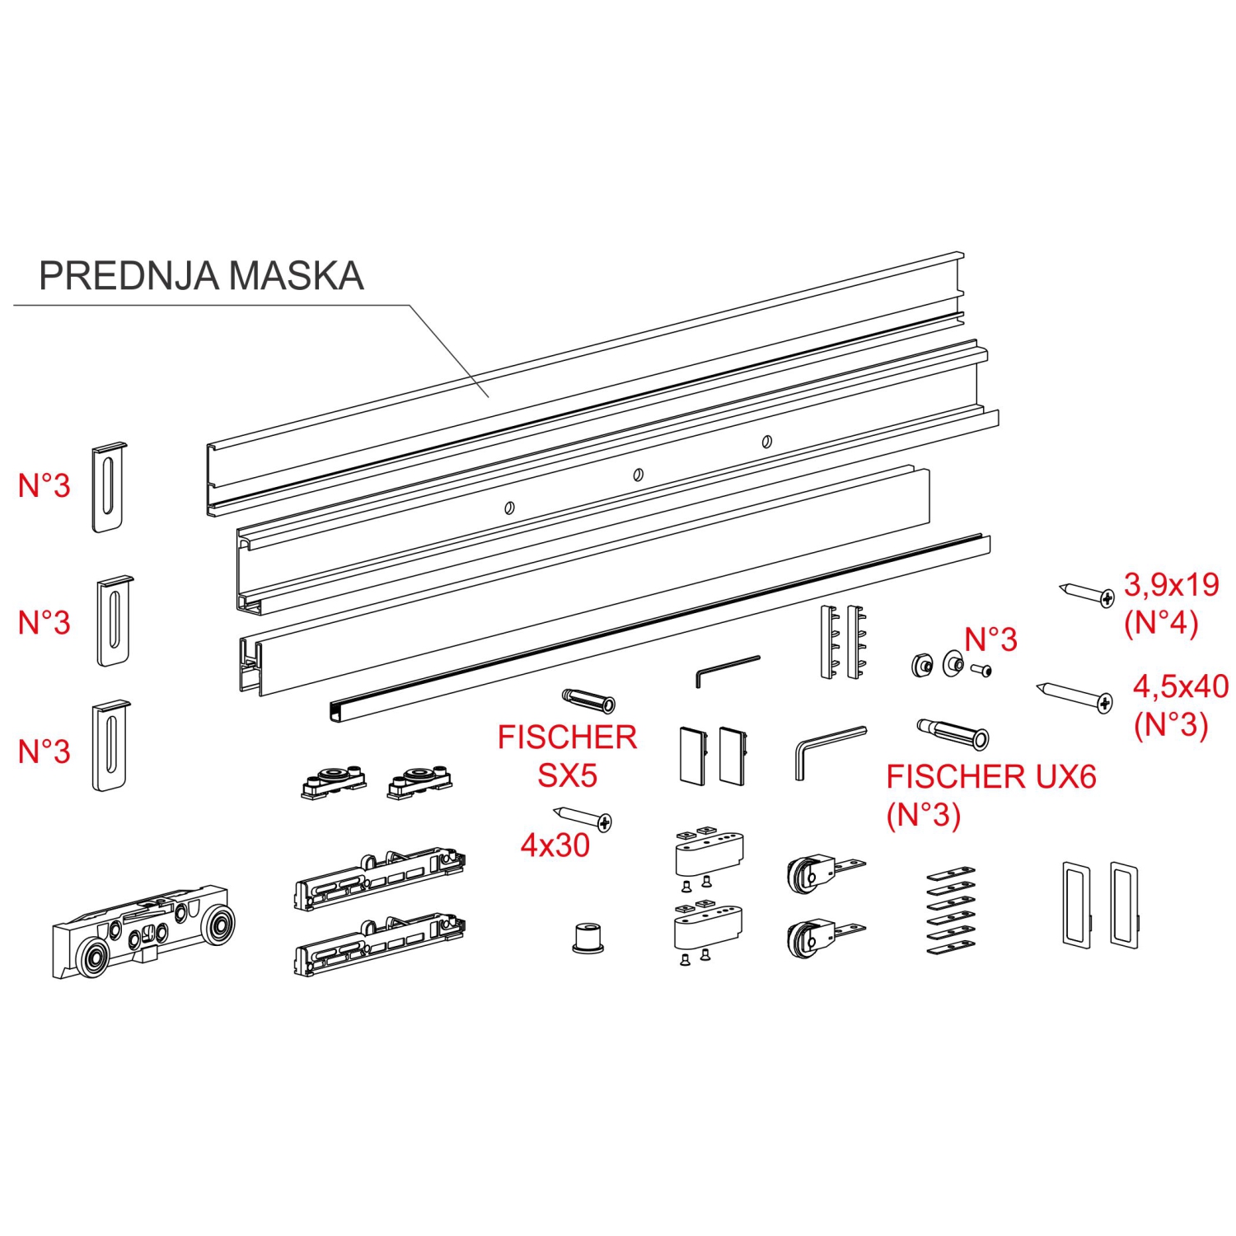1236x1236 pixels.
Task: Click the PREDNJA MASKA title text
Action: [201, 276]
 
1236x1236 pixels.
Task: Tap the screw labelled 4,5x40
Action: [1074, 695]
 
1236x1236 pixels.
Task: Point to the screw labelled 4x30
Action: [583, 818]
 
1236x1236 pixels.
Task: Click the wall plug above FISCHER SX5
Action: [588, 700]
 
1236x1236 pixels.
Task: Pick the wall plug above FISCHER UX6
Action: [953, 733]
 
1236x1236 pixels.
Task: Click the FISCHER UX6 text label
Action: [991, 777]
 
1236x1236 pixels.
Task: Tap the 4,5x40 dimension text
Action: [1181, 686]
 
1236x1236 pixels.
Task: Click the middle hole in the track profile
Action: [638, 475]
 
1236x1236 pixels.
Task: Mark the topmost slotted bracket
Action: [109, 487]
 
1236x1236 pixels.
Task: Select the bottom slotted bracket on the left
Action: [110, 747]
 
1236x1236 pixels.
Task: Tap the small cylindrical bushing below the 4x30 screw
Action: [588, 938]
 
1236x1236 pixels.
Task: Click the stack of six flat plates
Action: [951, 910]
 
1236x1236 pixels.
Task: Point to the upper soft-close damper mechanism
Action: [380, 879]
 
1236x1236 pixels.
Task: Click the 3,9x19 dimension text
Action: [1172, 585]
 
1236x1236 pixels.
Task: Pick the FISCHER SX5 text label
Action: [567, 756]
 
